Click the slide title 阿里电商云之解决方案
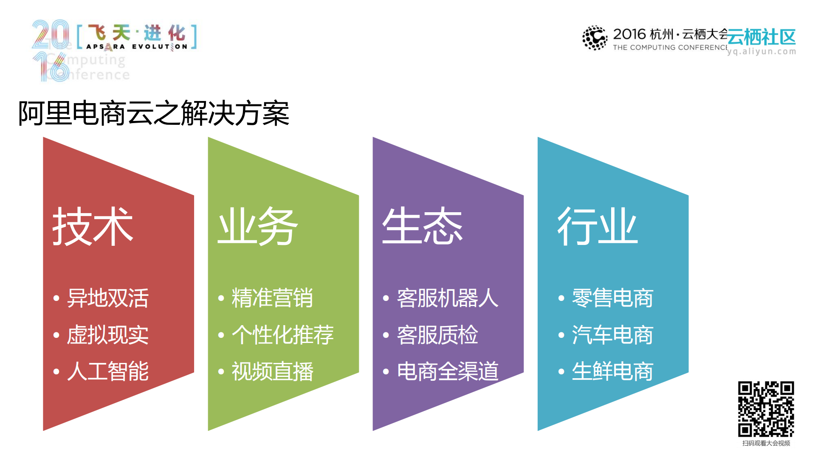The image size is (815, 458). [153, 113]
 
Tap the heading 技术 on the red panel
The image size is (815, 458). [93, 226]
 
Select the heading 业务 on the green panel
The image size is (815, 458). [257, 226]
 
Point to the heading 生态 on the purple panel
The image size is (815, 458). [422, 226]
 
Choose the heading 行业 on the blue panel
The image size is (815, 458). [597, 226]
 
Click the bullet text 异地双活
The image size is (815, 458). [108, 298]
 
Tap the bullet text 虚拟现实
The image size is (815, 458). [108, 335]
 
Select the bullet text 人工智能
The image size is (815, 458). [108, 371]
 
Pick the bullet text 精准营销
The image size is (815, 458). [272, 298]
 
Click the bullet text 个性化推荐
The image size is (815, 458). [282, 335]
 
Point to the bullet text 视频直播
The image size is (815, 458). [272, 371]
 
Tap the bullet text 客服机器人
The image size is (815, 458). [447, 298]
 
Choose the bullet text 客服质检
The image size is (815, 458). [437, 335]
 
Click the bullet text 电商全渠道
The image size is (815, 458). [447, 371]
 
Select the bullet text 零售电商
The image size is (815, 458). [612, 298]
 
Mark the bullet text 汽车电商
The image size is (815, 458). [612, 335]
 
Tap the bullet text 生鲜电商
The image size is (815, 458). [612, 371]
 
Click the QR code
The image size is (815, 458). [766, 409]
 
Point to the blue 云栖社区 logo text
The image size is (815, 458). [761, 37]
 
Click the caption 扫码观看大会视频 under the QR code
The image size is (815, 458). [766, 444]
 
